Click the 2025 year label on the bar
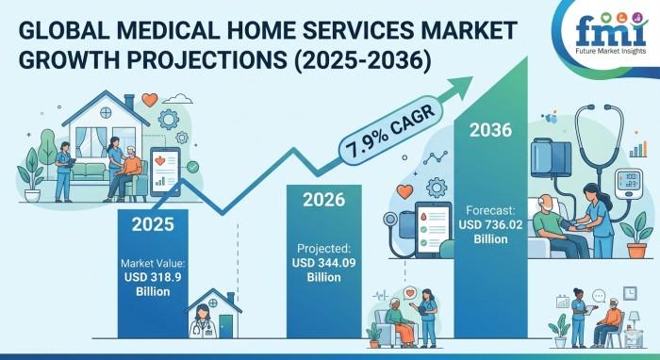[x=153, y=224]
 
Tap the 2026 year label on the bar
[x=323, y=200]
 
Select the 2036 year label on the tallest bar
[x=491, y=130]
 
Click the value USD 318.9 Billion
[x=153, y=285]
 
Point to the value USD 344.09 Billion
[x=323, y=270]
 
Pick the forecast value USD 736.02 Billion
[x=491, y=232]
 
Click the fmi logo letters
[x=611, y=33]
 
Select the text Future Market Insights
[x=611, y=51]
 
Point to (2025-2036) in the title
[x=362, y=61]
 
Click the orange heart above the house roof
[x=149, y=100]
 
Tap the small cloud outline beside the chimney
[x=177, y=99]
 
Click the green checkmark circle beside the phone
[x=192, y=167]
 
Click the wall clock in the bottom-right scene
[x=630, y=293]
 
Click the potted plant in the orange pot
[x=636, y=236]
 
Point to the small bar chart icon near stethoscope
[x=638, y=149]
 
